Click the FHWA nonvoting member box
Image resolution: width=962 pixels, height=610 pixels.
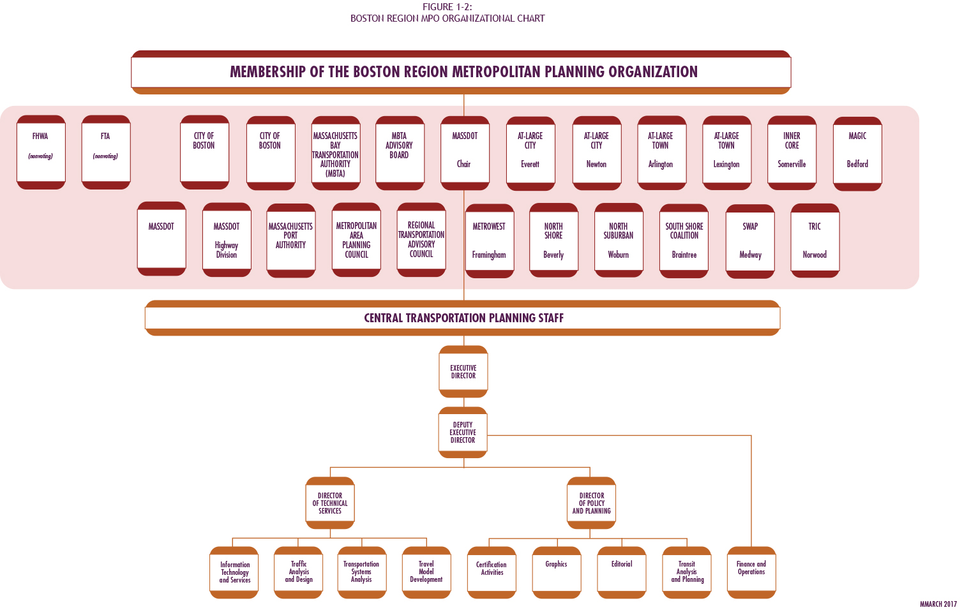click(41, 152)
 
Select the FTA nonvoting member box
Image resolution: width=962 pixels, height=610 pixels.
click(106, 152)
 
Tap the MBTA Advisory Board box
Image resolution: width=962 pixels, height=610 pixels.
click(400, 152)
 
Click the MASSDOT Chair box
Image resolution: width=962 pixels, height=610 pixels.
click(465, 152)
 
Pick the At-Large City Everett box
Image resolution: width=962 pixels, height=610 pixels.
click(530, 153)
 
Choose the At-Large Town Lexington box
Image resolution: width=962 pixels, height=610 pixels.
click(726, 152)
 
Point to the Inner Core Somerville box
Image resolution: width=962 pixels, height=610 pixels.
click(792, 152)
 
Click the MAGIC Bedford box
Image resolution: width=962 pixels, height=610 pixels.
click(857, 153)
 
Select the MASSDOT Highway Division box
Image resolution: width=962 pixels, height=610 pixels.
click(227, 239)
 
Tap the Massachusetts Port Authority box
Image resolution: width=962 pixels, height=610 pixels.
click(291, 240)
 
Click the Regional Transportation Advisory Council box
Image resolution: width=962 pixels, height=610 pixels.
click(421, 239)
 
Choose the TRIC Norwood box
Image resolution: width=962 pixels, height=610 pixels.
click(815, 240)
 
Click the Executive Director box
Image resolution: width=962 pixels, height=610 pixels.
click(463, 371)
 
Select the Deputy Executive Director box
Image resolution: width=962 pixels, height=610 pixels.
click(463, 432)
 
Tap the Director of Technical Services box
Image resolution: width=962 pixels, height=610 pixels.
click(330, 503)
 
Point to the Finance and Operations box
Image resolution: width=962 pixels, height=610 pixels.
click(751, 572)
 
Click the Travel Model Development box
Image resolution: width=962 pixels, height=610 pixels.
click(426, 572)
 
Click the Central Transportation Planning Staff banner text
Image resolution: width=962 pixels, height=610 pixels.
click(463, 318)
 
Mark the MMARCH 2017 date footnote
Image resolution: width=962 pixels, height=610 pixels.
click(938, 604)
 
